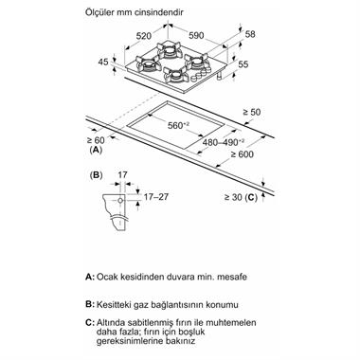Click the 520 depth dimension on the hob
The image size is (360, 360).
pyautogui.click(x=144, y=36)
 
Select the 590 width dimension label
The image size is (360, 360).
pyautogui.click(x=196, y=36)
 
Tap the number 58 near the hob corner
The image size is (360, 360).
pyautogui.click(x=250, y=34)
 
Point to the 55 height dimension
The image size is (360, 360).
pyautogui.click(x=243, y=64)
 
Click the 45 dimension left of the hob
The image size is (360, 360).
pyautogui.click(x=103, y=62)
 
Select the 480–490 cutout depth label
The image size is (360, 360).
pyautogui.click(x=224, y=142)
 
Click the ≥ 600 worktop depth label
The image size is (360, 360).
pyautogui.click(x=242, y=154)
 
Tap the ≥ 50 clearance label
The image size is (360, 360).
pyautogui.click(x=252, y=112)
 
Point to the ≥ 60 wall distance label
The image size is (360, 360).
pyautogui.click(x=95, y=139)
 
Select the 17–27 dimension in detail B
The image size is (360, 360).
pyautogui.click(x=156, y=197)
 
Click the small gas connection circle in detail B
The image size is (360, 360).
pyautogui.click(x=120, y=201)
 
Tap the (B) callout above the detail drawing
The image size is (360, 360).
pyautogui.click(x=96, y=175)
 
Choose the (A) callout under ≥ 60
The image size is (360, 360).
pyautogui.click(x=96, y=150)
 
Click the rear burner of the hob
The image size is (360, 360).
pyautogui.click(x=170, y=50)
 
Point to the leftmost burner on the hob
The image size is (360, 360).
pyautogui.click(x=148, y=64)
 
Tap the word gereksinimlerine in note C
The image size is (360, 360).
pyautogui.click(x=125, y=341)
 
